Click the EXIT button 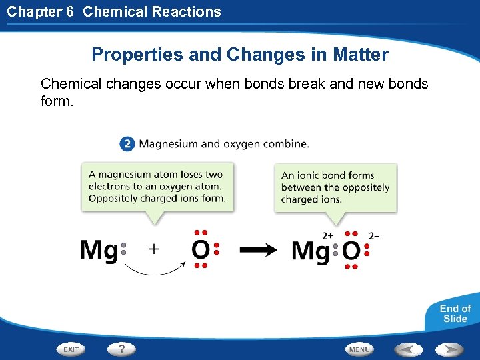[71, 349]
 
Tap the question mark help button [121, 349]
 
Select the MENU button [360, 349]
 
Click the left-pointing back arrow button [407, 349]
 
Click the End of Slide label [455, 313]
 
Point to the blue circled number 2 [127, 143]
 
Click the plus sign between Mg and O [154, 249]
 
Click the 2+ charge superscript [328, 235]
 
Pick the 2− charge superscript [374, 235]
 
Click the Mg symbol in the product [310, 251]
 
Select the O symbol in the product [351, 251]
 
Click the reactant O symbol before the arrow [201, 251]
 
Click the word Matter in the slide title [363, 55]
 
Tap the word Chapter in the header [32, 11]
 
